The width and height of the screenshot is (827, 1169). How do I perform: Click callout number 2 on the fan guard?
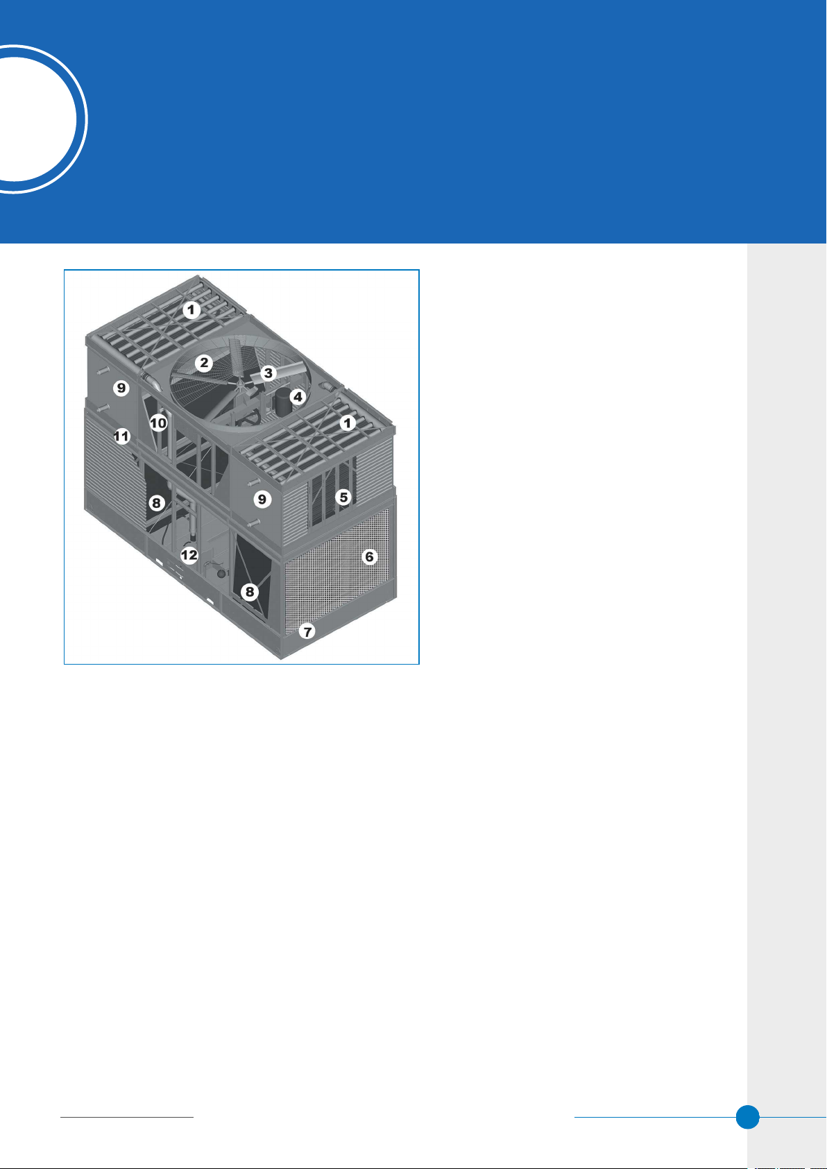204,363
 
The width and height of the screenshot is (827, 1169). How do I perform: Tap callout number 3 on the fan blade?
268,373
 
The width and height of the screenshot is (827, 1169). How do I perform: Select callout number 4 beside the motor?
298,397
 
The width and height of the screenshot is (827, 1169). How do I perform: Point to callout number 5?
343,497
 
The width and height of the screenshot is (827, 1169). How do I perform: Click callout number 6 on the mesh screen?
369,557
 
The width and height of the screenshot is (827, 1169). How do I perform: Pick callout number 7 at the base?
307,632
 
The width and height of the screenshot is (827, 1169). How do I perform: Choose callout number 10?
159,423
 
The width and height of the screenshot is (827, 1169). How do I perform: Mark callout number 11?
122,436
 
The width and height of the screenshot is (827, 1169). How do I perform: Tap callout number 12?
189,555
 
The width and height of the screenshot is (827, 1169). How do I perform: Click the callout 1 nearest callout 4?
348,423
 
